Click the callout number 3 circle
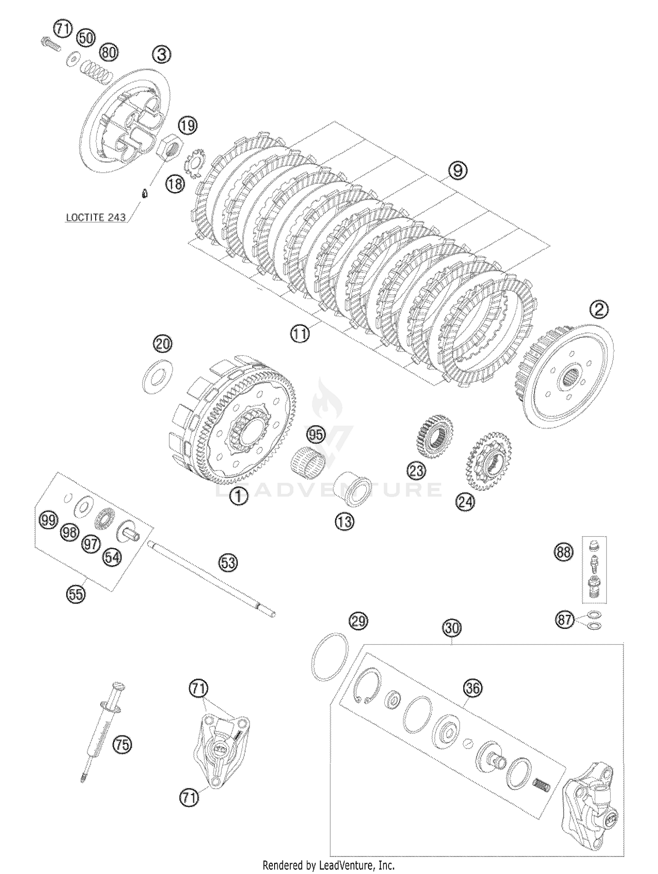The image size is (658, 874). pyautogui.click(x=161, y=55)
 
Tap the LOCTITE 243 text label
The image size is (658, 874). pyautogui.click(x=96, y=217)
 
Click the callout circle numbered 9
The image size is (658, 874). pyautogui.click(x=458, y=170)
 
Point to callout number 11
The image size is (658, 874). pyautogui.click(x=299, y=334)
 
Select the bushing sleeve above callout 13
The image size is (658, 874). pyautogui.click(x=351, y=488)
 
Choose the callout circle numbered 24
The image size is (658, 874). pyautogui.click(x=465, y=501)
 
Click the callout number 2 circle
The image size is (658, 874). pyautogui.click(x=599, y=310)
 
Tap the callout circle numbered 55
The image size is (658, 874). pyautogui.click(x=76, y=594)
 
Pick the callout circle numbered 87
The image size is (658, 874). pyautogui.click(x=565, y=620)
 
